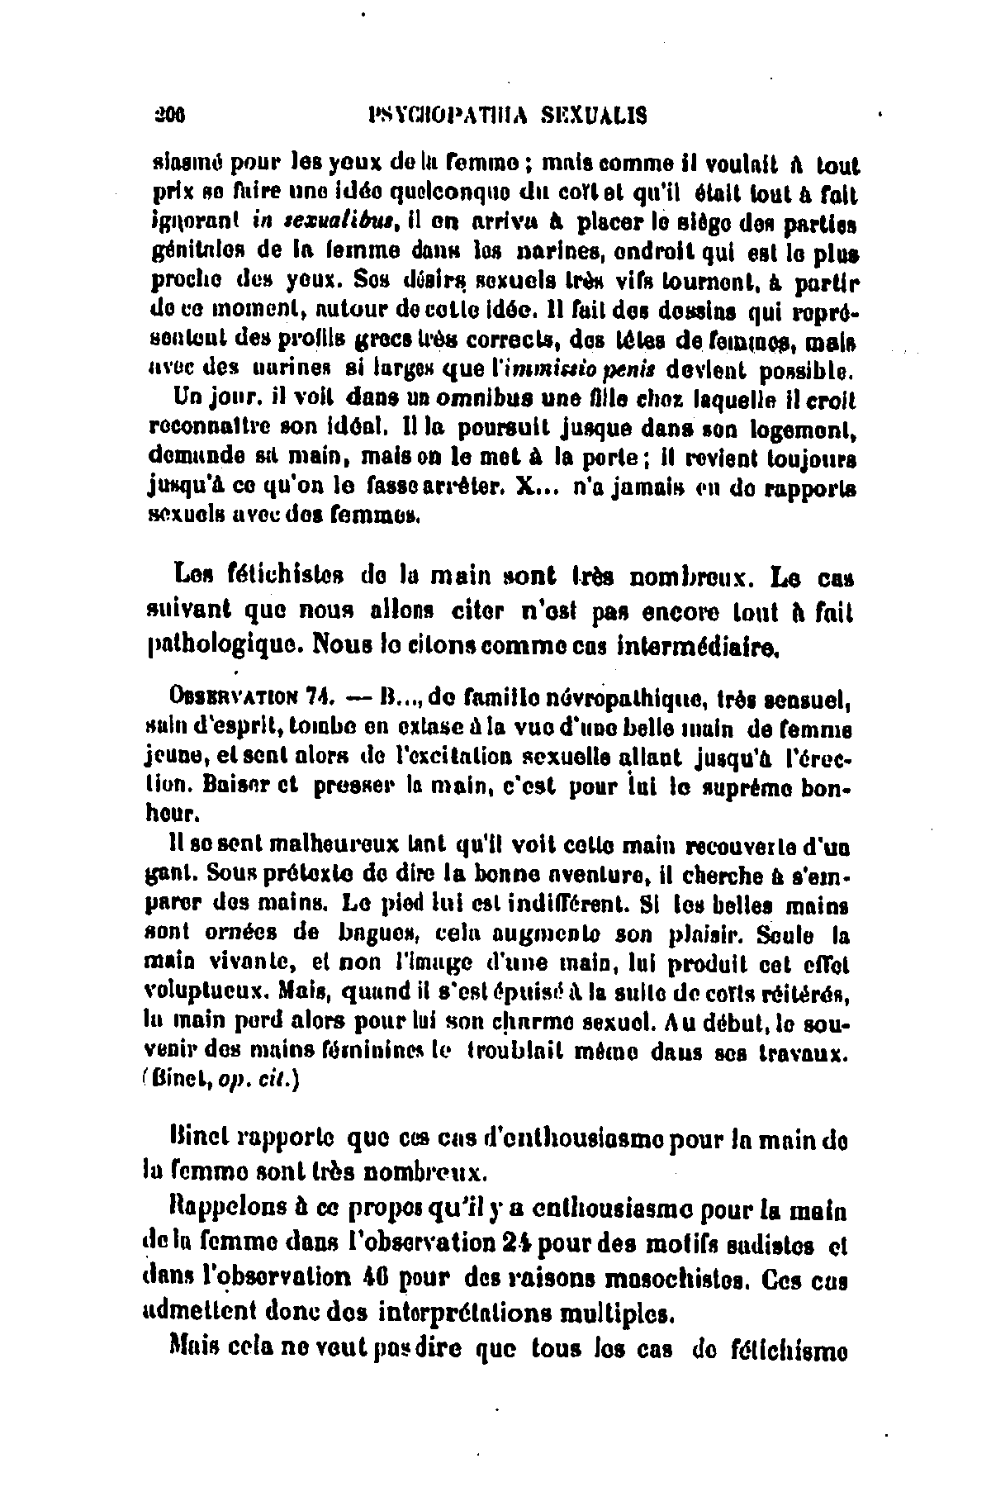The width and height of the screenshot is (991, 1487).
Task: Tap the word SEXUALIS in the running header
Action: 594,116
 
